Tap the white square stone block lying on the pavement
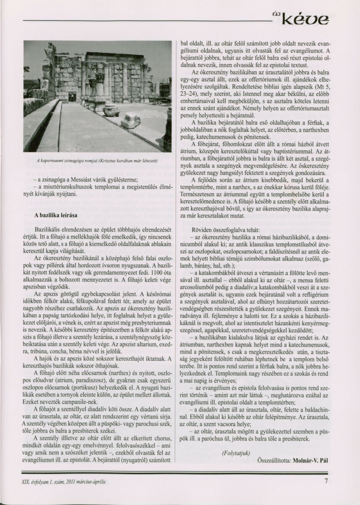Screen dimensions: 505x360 click(x=130, y=120)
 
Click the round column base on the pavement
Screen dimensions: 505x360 click(x=111, y=110)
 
